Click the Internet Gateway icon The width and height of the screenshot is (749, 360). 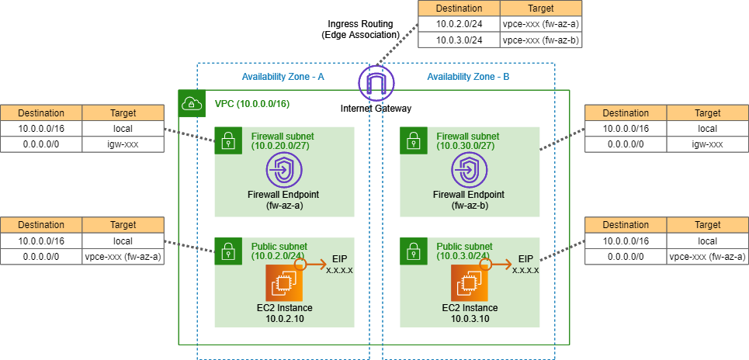376,82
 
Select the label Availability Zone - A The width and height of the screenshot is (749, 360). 283,77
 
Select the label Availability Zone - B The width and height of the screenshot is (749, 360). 468,77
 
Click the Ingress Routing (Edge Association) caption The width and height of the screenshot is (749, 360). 359,29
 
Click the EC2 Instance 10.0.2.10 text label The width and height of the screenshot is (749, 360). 283,313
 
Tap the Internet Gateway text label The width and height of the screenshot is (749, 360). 376,108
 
